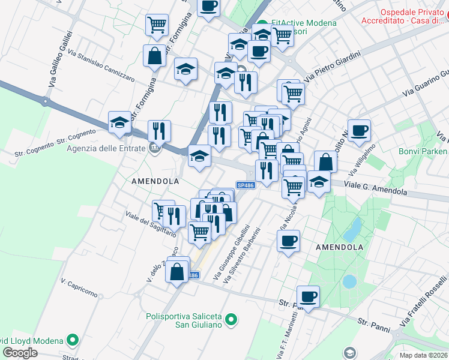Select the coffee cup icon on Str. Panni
308,296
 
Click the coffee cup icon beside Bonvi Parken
359,131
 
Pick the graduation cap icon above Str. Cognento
120,123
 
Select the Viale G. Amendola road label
376,188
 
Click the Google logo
20,353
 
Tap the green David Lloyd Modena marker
73,340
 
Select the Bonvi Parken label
423,151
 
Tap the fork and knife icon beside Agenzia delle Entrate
159,131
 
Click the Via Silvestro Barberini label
240,255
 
